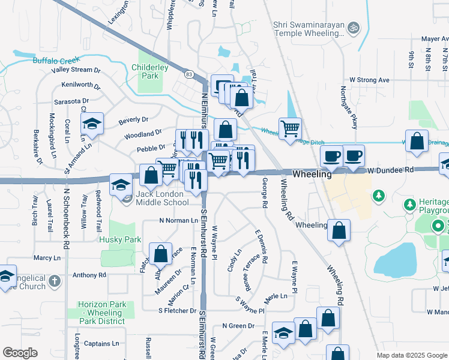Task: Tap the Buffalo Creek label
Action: (40, 61)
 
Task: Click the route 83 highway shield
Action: (190, 74)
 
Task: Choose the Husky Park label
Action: (124, 239)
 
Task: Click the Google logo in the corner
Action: (20, 352)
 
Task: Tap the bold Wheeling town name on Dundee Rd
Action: (312, 173)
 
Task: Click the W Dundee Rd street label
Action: (391, 170)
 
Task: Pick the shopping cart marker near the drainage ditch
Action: (290, 128)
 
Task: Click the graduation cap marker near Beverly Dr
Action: (92, 124)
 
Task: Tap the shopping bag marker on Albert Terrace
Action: (160, 254)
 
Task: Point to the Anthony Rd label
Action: (89, 275)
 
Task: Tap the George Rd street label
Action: (264, 194)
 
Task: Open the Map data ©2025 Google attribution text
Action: (412, 355)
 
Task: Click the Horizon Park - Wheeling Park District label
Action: (101, 313)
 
